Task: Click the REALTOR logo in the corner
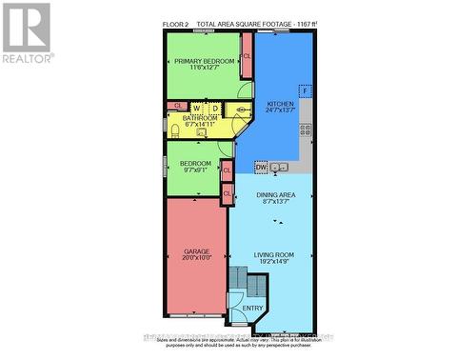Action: coord(27,32)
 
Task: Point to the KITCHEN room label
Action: coord(280,104)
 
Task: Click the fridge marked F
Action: coord(306,91)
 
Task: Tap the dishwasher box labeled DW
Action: coord(261,168)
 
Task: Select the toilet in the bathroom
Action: coord(175,130)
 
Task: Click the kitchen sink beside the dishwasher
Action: coord(280,168)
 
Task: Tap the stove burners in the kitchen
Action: coord(307,131)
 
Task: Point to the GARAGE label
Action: coord(195,250)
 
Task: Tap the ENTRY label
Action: coord(253,308)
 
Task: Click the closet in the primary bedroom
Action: coord(247,57)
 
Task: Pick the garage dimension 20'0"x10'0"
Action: coord(195,258)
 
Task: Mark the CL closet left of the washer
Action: coord(177,106)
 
